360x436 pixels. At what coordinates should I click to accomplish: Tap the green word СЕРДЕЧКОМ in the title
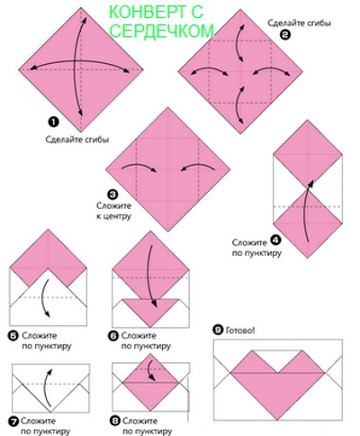click(x=162, y=31)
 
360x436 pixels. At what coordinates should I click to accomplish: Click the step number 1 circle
click(x=53, y=122)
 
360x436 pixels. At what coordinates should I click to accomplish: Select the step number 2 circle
click(x=285, y=35)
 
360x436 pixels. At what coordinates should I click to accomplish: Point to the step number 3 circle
click(x=112, y=195)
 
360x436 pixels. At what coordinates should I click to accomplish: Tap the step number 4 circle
click(x=275, y=241)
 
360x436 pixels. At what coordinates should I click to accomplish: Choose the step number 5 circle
click(x=13, y=335)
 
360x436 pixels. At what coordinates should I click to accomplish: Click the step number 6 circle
click(x=113, y=335)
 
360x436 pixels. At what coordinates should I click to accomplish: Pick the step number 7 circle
click(x=13, y=422)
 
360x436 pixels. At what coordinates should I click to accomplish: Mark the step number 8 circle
click(x=115, y=421)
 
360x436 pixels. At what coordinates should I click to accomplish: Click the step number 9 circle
click(x=218, y=330)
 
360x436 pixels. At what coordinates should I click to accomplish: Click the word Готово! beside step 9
click(x=240, y=331)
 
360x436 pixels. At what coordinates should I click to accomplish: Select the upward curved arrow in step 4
click(x=307, y=211)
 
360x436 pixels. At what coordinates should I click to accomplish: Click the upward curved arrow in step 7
click(x=48, y=388)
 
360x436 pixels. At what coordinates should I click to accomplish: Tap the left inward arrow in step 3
click(x=139, y=168)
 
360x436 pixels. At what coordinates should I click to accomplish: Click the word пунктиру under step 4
click(x=262, y=253)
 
